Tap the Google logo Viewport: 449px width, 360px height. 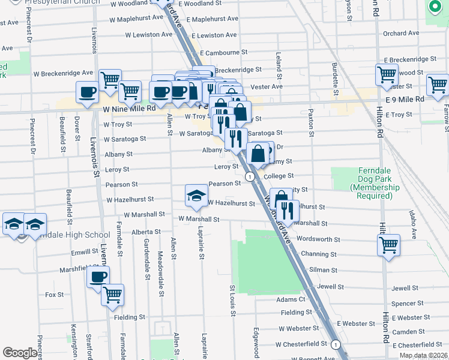point(20,353)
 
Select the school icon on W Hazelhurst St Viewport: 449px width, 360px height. point(196,196)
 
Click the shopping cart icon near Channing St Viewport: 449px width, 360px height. point(388,245)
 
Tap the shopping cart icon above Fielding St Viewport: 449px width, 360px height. point(112,295)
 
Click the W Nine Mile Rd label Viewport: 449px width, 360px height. point(129,109)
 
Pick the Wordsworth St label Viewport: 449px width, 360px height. point(319,239)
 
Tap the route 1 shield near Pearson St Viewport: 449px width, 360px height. point(248,176)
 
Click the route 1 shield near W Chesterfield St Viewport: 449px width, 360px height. point(336,345)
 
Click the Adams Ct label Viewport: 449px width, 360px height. point(291,299)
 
